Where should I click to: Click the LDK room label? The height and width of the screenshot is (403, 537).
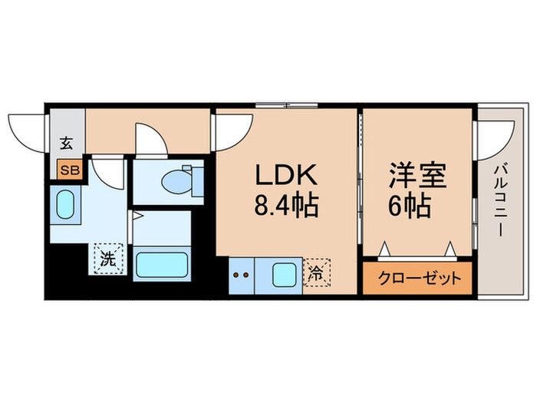[285, 175]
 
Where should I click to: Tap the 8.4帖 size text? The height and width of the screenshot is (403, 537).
[286, 206]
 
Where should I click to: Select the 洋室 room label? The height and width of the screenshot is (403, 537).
[418, 175]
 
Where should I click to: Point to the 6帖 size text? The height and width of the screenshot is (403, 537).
[410, 206]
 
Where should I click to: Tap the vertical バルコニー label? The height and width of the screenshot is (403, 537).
[500, 200]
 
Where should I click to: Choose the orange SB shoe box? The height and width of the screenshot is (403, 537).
[70, 170]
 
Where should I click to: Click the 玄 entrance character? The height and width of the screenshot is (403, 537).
[66, 144]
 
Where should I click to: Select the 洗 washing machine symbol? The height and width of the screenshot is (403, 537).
[108, 259]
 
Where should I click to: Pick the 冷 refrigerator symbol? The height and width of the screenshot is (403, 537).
[317, 273]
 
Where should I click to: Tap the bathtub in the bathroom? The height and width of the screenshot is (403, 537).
[162, 265]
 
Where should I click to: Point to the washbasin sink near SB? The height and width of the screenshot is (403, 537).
[65, 205]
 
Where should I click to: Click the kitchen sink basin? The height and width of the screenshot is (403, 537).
[284, 275]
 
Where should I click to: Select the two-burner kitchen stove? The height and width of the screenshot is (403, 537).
[241, 276]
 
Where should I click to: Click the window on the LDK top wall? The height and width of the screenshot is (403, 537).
[287, 106]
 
